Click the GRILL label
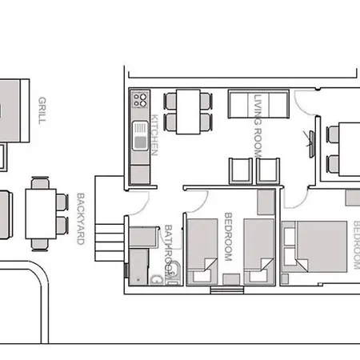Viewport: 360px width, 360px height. tap(42, 110)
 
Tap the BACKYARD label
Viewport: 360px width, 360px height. tap(81, 218)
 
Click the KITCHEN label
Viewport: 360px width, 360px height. tap(155, 135)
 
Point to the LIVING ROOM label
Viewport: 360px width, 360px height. tap(258, 126)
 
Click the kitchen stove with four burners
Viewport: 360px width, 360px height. tap(141, 100)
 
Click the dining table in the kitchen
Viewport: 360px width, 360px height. tap(188, 112)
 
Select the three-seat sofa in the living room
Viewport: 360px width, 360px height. tap(258, 104)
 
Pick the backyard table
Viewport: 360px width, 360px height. tap(41, 214)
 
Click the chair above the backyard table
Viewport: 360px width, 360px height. tap(40, 183)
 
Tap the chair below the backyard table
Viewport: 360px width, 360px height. tap(40, 245)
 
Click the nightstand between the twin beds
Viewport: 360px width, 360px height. tap(231, 279)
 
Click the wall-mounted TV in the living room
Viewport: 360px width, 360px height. tap(311, 144)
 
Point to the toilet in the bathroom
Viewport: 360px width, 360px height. tap(174, 270)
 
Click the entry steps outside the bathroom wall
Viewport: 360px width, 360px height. tap(110, 242)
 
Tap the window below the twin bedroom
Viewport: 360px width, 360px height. tap(227, 290)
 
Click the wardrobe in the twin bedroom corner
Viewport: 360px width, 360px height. tap(266, 202)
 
